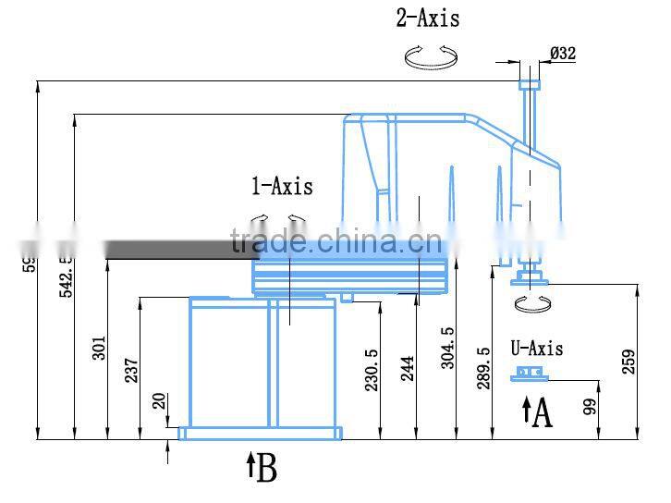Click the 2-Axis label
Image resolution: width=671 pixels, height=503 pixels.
428,18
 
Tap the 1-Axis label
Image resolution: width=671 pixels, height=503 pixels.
283,187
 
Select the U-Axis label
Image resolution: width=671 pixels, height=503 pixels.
537,349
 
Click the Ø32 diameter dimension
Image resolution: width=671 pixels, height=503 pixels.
562,54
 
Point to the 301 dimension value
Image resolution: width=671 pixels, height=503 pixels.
100,347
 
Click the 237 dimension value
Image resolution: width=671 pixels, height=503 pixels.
130,369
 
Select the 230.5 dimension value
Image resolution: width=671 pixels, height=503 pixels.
372,371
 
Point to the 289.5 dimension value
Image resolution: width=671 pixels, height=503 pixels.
482,368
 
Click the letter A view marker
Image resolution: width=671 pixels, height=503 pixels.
543,413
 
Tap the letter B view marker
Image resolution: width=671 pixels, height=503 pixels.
266,469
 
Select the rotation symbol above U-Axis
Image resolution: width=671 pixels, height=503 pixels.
531,304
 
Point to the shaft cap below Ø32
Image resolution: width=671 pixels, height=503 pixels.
529,84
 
